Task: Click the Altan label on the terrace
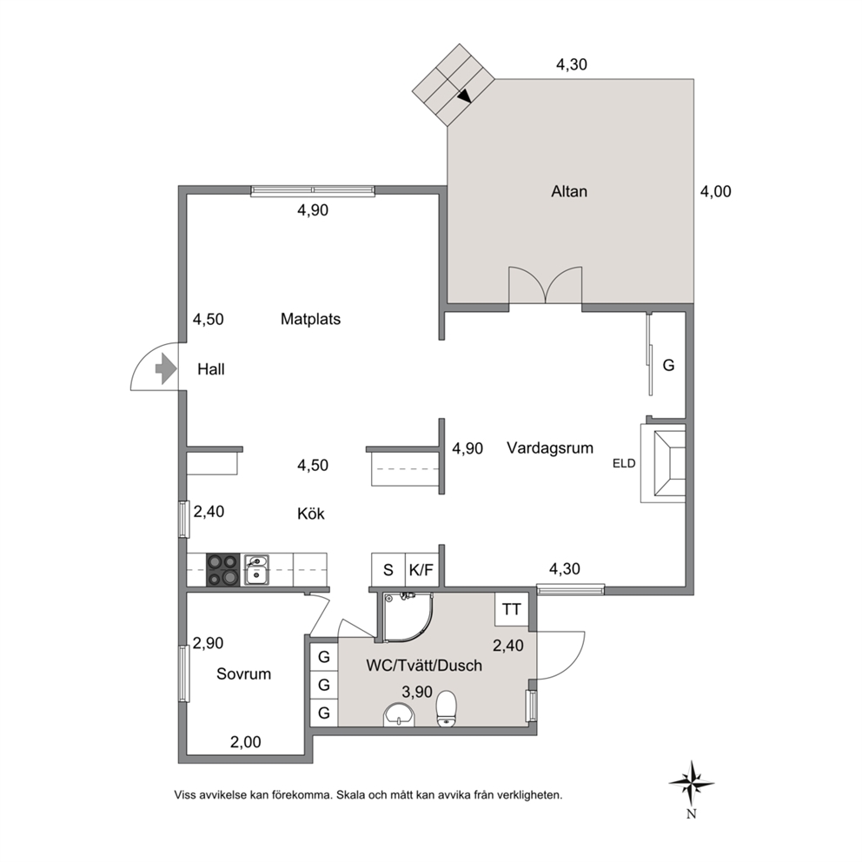point(569,191)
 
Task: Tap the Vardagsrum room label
point(550,448)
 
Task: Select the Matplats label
point(310,319)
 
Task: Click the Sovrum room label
point(243,674)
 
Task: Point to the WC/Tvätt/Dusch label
point(424,666)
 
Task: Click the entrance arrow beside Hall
point(165,368)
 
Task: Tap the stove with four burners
point(223,569)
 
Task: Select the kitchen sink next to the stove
point(256,569)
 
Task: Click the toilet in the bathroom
point(447,709)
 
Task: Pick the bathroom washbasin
point(399,714)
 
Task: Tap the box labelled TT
point(512,609)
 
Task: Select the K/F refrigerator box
point(421,570)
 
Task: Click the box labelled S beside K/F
point(388,570)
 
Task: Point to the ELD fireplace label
point(624,463)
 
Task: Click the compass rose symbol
point(691,783)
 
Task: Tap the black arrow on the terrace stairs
point(465,96)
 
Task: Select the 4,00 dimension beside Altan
point(715,191)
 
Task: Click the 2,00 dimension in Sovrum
point(245,742)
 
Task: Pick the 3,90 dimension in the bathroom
point(417,692)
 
